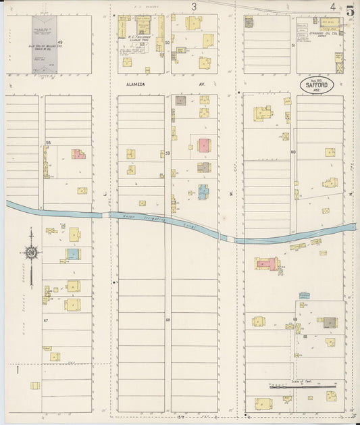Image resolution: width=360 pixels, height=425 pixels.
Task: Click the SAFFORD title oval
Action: tap(317, 86)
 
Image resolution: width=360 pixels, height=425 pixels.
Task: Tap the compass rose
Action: tap(31, 253)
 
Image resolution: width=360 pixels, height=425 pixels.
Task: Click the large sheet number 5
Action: tap(350, 10)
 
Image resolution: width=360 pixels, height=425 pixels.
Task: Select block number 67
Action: tap(46, 319)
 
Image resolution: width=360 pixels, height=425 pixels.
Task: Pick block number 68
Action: tap(168, 319)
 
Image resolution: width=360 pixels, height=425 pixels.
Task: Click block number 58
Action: tap(48, 143)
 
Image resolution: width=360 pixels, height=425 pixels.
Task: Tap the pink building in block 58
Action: tap(79, 154)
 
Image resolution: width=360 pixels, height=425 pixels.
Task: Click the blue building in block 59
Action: tap(203, 192)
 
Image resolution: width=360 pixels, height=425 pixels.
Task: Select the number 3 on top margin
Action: tap(194, 7)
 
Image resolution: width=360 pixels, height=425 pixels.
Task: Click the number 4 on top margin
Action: tap(333, 7)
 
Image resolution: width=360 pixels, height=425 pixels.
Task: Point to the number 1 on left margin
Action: tap(18, 369)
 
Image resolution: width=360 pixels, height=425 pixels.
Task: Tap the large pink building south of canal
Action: tap(265, 264)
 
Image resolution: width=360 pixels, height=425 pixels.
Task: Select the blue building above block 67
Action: tap(72, 255)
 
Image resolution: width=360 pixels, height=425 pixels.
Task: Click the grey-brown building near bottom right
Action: tap(329, 322)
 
